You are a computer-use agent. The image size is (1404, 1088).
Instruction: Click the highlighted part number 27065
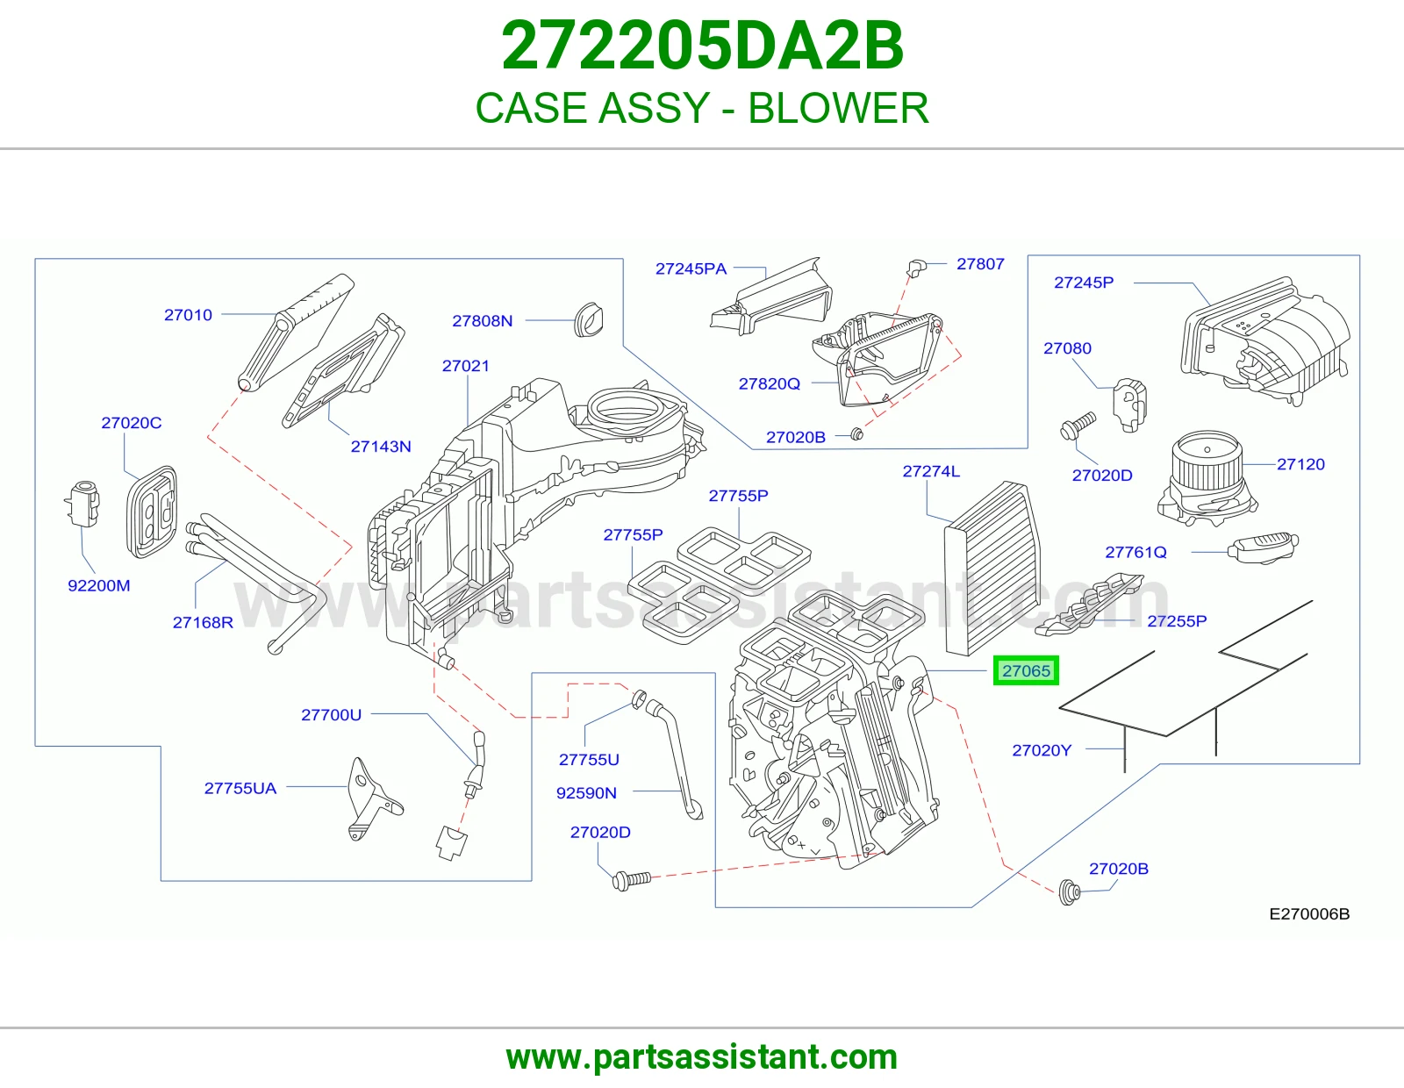click(x=1026, y=670)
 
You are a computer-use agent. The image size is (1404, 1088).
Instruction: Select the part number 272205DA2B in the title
click(x=702, y=46)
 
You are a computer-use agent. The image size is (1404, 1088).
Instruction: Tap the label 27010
click(x=188, y=315)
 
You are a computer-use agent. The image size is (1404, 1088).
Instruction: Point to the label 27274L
click(x=931, y=471)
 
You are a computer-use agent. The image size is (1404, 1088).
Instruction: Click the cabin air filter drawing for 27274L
click(x=992, y=569)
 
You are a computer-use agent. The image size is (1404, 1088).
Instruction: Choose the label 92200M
click(x=99, y=585)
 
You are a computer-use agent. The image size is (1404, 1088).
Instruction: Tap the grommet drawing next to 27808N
click(x=589, y=319)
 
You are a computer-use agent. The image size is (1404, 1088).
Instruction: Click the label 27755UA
click(x=240, y=788)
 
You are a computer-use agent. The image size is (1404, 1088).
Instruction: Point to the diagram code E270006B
click(x=1309, y=913)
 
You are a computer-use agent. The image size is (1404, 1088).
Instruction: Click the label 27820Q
click(x=770, y=383)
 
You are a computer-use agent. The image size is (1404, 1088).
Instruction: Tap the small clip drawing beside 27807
click(x=916, y=267)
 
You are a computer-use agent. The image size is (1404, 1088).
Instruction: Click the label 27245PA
click(x=691, y=268)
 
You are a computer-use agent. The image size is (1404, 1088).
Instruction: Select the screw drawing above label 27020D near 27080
click(x=1078, y=426)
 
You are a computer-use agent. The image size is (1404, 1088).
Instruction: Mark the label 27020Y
click(x=1042, y=750)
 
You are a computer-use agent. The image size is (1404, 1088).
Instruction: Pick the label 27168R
click(x=203, y=622)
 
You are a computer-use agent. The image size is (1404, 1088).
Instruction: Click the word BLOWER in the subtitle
click(x=838, y=108)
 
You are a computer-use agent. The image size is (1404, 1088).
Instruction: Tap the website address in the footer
click(x=702, y=1057)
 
